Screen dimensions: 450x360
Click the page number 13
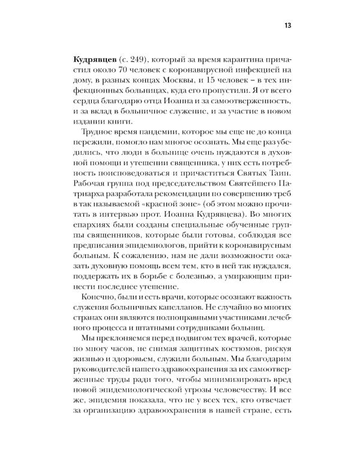pos(287,26)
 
